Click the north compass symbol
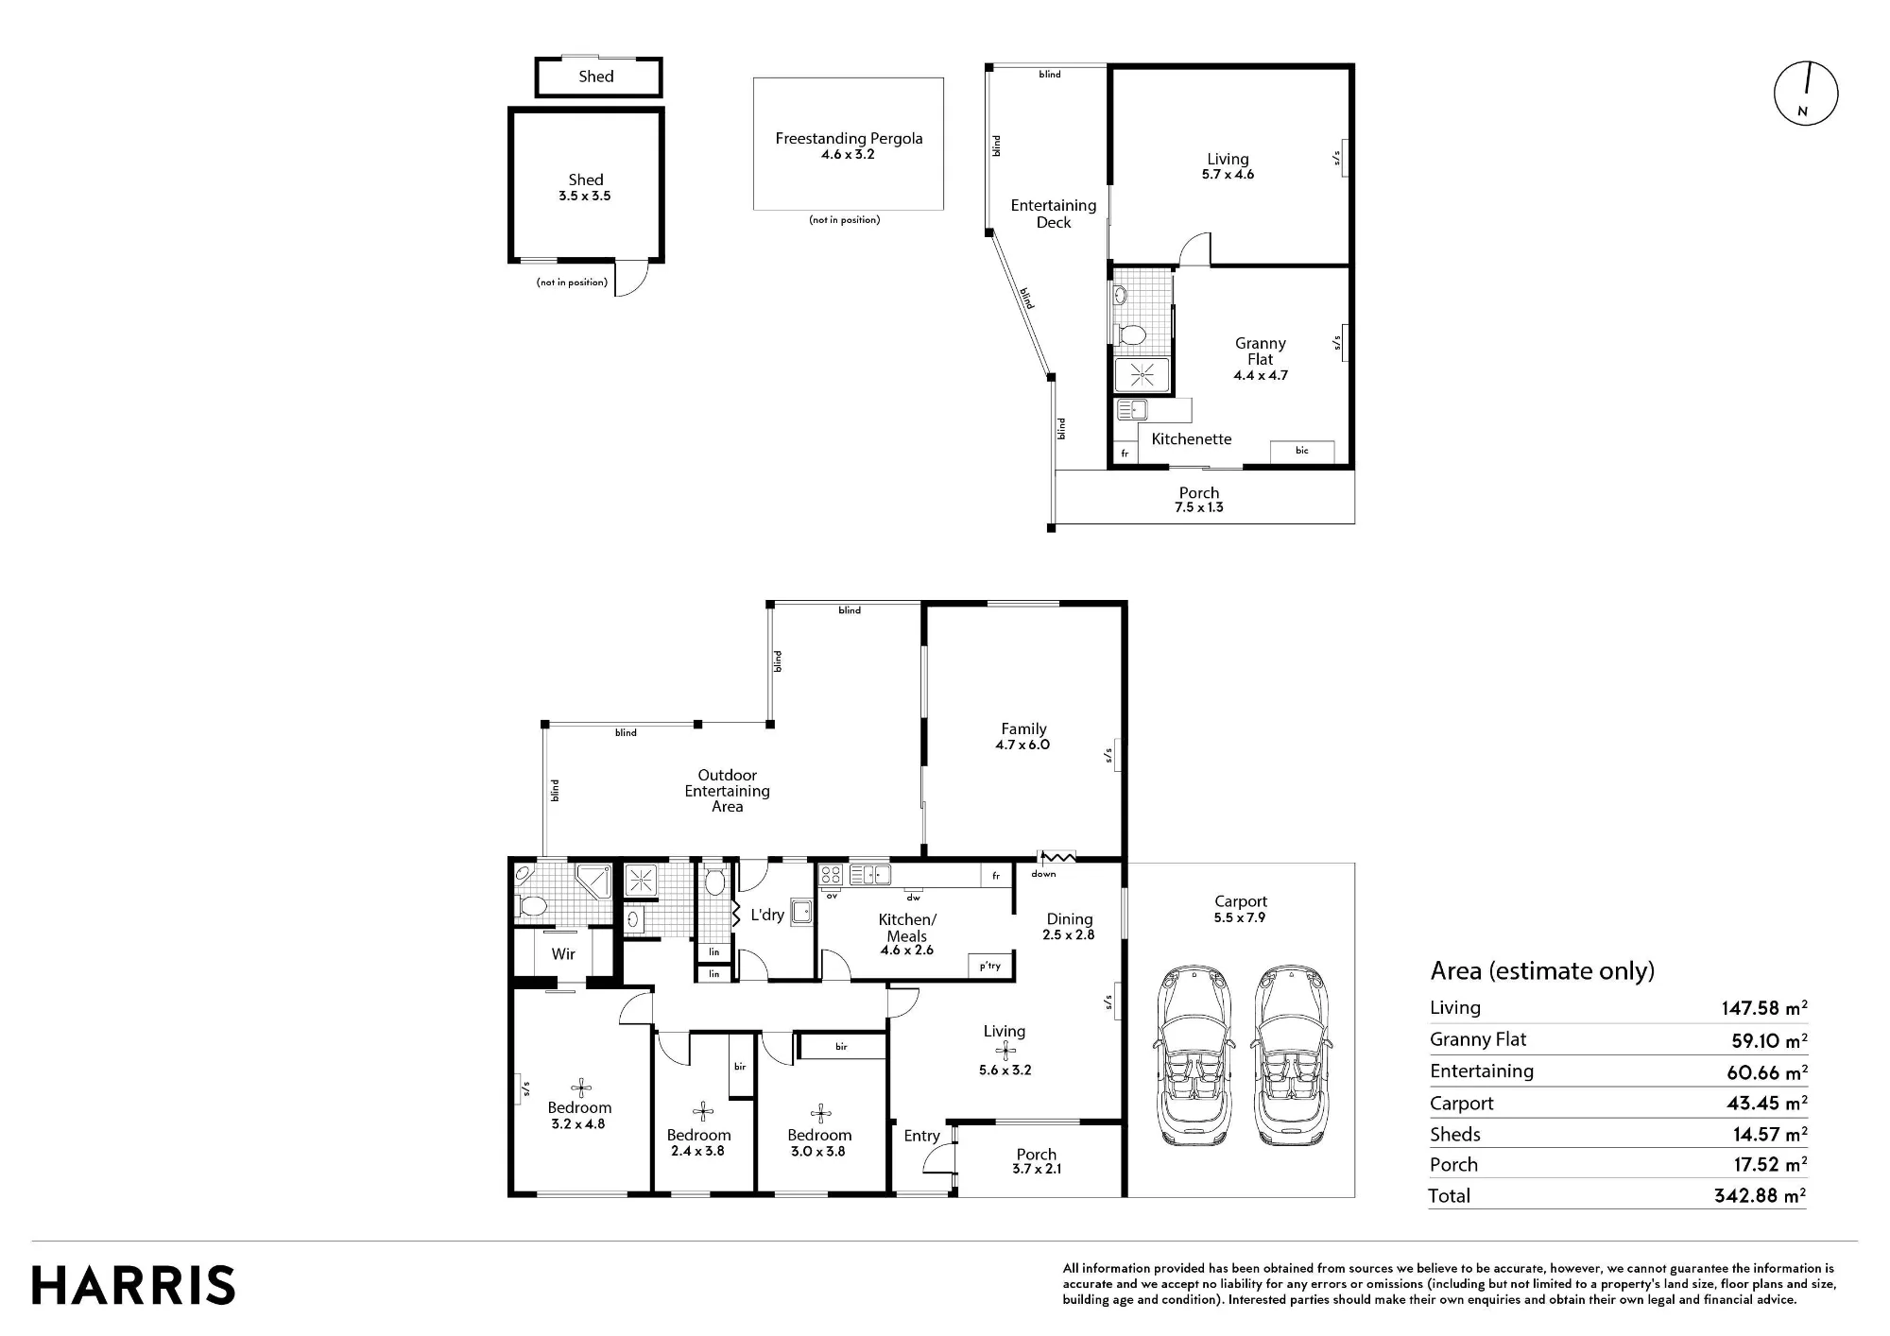pos(1805,94)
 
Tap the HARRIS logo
pos(133,1286)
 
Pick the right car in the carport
pos(1291,1056)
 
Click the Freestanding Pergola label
pos(849,138)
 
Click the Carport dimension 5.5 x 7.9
pos(1240,917)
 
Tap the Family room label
pos(1023,728)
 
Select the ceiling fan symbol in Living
pos(1005,1051)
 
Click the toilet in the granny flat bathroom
pos(1131,334)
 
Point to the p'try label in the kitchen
pos(989,966)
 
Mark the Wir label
pos(563,954)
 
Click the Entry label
pos(921,1136)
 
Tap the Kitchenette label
pos(1191,438)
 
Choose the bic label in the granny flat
pos(1301,451)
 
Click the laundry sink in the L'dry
pos(802,912)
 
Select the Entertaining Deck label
pos(1054,214)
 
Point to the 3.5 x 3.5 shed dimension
pos(584,197)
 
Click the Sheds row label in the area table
pos(1454,1134)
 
